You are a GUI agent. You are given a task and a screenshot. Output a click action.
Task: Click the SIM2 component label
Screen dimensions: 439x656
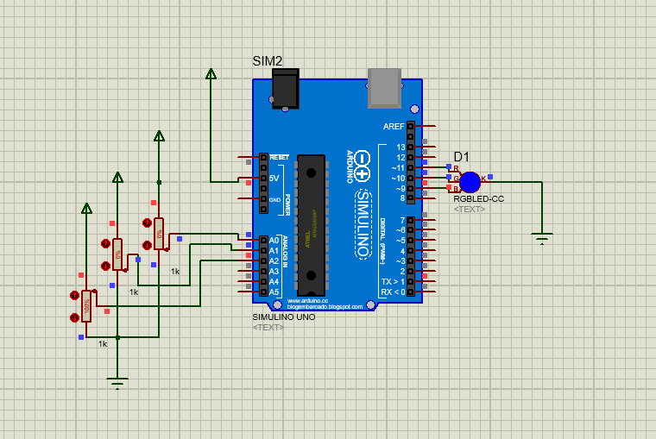(267, 60)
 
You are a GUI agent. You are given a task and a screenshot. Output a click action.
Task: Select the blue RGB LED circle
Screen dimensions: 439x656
(470, 182)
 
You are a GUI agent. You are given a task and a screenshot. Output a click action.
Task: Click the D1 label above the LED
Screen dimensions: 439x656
(462, 157)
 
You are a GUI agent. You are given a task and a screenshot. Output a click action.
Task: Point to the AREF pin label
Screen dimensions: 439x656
(394, 127)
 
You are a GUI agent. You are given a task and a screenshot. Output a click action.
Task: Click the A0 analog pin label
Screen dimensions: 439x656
(274, 241)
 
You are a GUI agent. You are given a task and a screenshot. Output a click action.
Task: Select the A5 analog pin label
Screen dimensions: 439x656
(274, 292)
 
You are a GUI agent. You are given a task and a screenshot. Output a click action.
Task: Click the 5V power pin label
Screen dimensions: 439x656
(274, 179)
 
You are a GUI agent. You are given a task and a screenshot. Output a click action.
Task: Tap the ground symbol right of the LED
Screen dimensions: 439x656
(542, 238)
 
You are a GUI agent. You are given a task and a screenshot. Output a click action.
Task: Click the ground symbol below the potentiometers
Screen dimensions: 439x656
(117, 382)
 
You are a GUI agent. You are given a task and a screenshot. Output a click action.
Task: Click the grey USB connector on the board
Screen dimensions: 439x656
(385, 87)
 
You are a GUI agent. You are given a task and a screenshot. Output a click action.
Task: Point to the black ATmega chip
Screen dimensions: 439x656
(311, 224)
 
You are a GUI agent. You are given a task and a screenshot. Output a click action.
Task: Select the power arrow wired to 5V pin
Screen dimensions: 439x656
(211, 74)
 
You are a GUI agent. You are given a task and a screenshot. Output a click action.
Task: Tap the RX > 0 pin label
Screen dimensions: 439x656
(393, 292)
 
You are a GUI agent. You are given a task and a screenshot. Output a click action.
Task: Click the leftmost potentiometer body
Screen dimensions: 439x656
(86, 304)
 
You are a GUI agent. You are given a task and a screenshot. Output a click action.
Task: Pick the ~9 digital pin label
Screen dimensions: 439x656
(399, 189)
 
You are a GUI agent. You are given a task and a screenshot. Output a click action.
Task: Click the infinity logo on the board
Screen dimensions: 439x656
(361, 166)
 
